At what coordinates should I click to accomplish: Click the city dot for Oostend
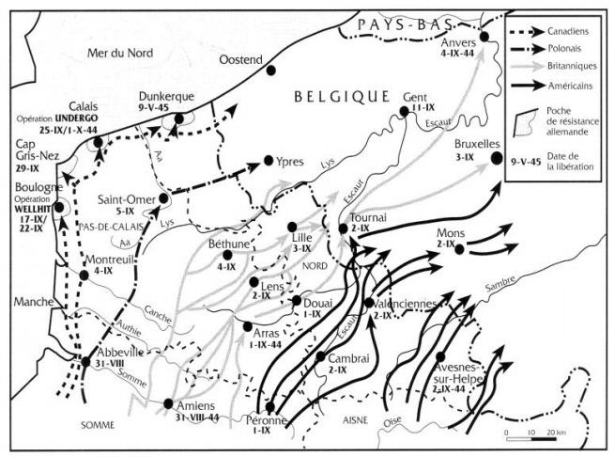pos(270,70)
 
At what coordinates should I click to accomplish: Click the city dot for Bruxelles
pos(496,159)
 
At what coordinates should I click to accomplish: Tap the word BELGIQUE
pos(341,96)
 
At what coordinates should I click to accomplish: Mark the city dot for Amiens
pos(168,403)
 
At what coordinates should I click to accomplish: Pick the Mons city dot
pos(460,246)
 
